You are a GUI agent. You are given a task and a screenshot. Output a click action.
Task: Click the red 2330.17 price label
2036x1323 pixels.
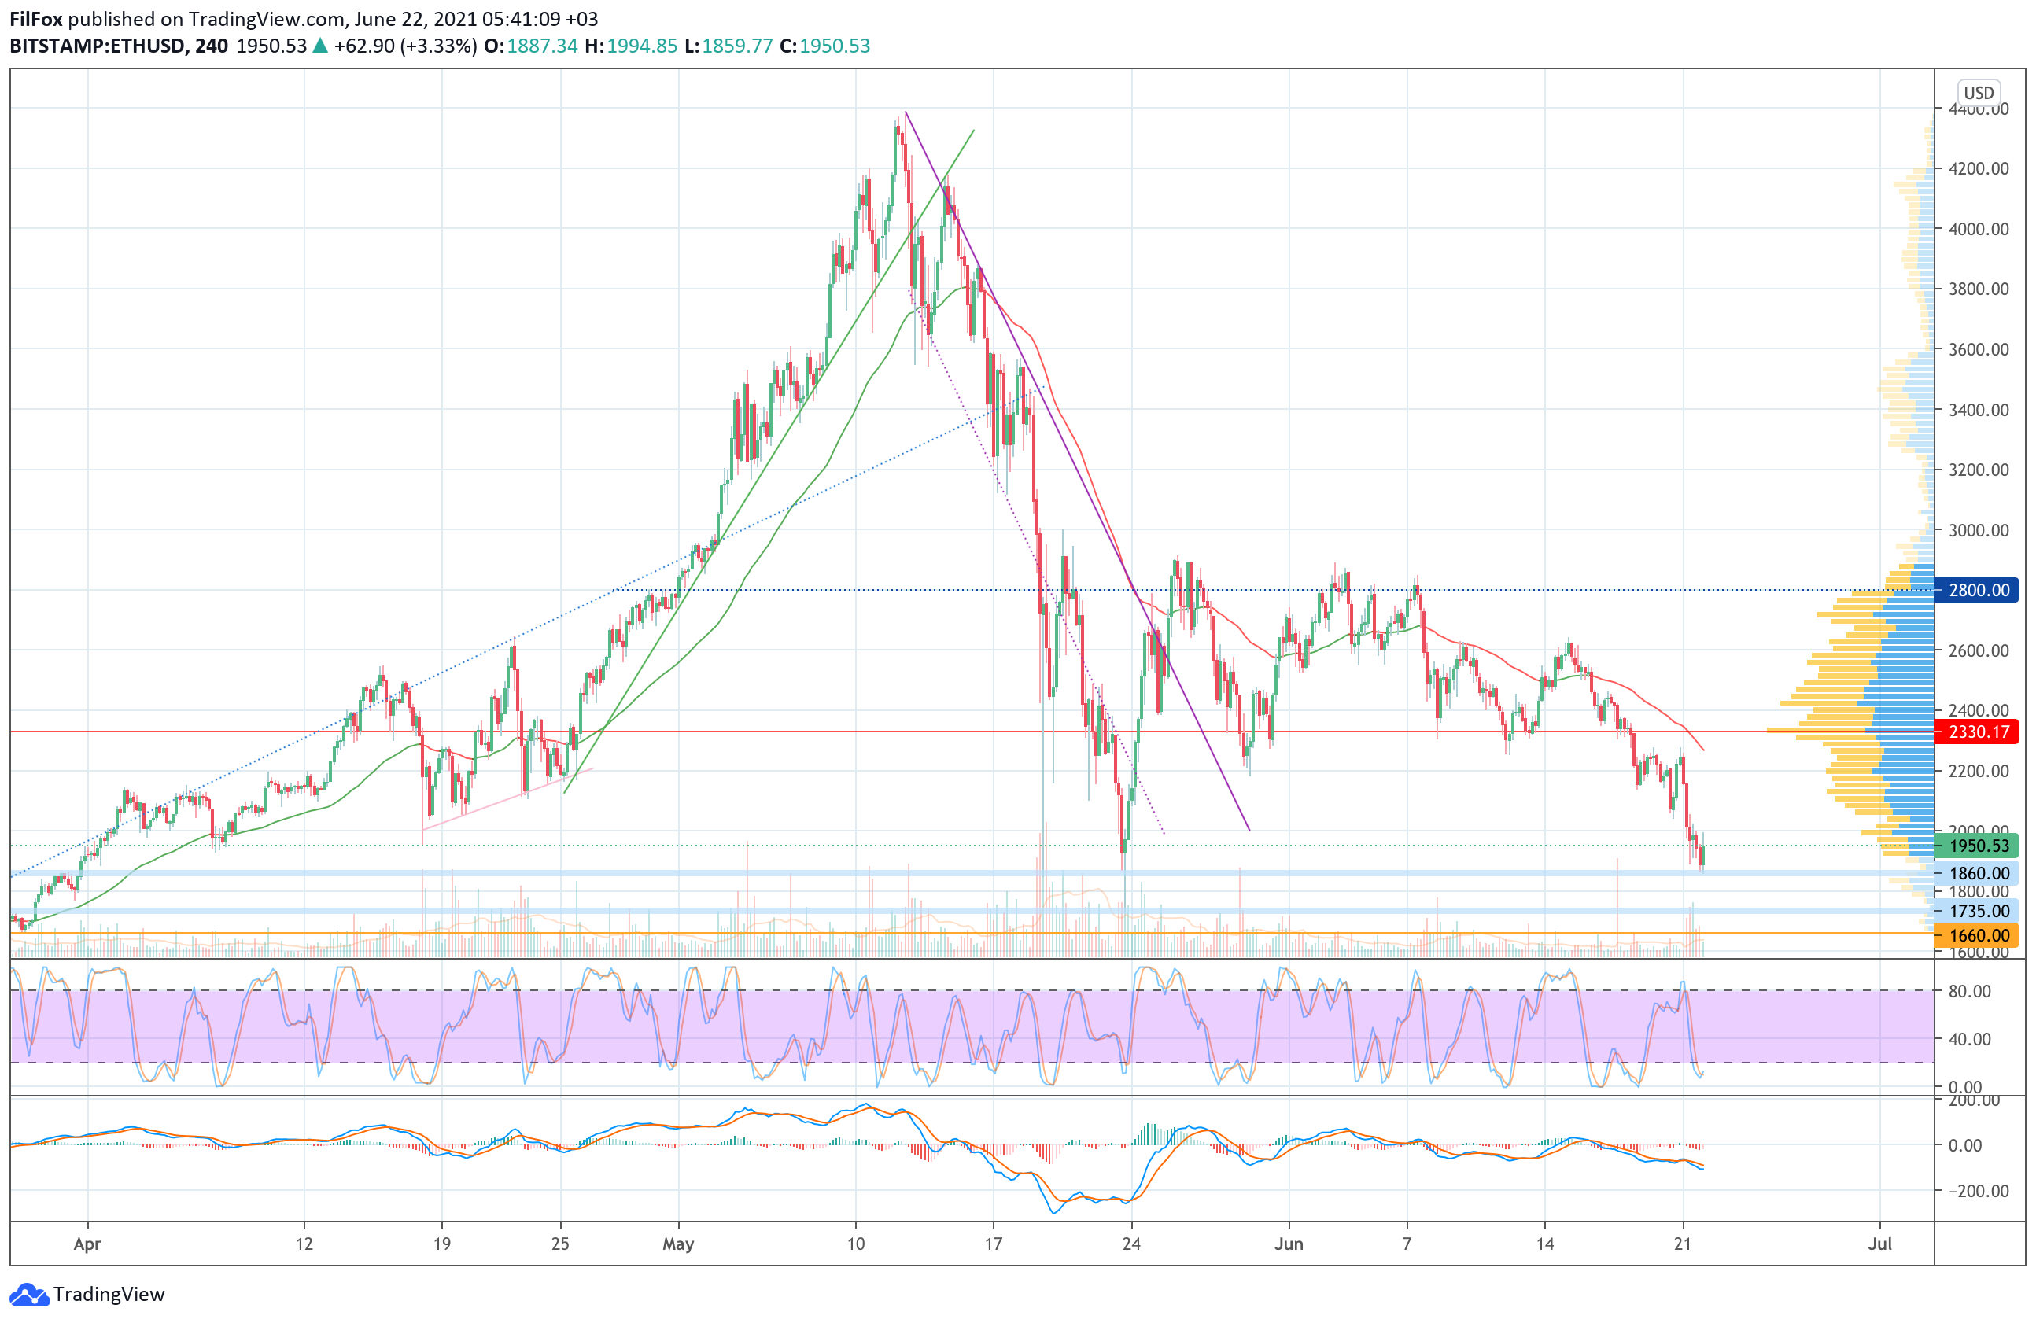1978,732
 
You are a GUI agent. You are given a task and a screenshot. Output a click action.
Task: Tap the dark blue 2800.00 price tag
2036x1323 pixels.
1978,590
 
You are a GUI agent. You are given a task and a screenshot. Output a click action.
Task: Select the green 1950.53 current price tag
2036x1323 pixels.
1978,846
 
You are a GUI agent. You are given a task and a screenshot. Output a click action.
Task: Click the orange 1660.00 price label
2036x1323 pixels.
1978,935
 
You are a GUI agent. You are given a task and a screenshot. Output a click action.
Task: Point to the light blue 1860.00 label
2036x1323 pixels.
1978,873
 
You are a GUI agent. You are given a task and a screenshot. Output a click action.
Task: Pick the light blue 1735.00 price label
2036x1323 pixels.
1978,912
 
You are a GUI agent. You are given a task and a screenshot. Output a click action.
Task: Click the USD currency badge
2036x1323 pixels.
1979,92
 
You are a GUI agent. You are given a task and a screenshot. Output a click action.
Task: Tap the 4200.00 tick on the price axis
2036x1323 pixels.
1979,168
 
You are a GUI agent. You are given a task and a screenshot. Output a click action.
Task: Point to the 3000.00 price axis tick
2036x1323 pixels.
1979,530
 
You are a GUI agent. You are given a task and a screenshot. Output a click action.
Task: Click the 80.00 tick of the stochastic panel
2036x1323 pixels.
1969,991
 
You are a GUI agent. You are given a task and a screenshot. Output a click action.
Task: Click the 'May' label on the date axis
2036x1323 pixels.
678,1244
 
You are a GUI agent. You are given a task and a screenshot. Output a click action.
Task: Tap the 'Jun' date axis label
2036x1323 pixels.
1289,1244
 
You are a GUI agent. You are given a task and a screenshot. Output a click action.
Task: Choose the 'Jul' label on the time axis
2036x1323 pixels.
1879,1244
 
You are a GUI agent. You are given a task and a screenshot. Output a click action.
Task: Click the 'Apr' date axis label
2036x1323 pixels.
87,1244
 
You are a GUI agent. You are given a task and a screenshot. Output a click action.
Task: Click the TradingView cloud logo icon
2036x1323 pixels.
29,1295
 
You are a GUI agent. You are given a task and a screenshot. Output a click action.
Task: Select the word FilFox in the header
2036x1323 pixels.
36,19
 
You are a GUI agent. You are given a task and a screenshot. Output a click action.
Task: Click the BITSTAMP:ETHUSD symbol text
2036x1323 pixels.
97,46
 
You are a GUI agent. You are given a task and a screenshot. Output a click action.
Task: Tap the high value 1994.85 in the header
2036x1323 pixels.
642,46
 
